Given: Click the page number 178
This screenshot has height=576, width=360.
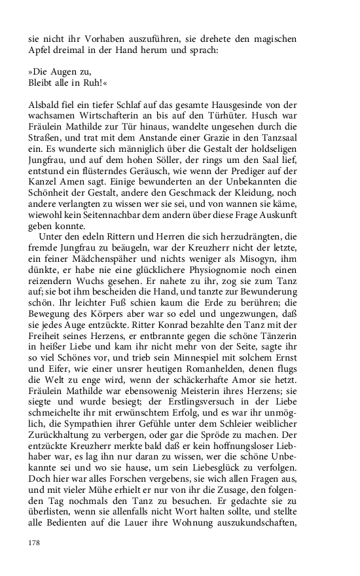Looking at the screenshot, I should pyautogui.click(x=35, y=542).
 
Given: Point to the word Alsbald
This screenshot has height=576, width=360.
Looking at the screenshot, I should pyautogui.click(x=45, y=106).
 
